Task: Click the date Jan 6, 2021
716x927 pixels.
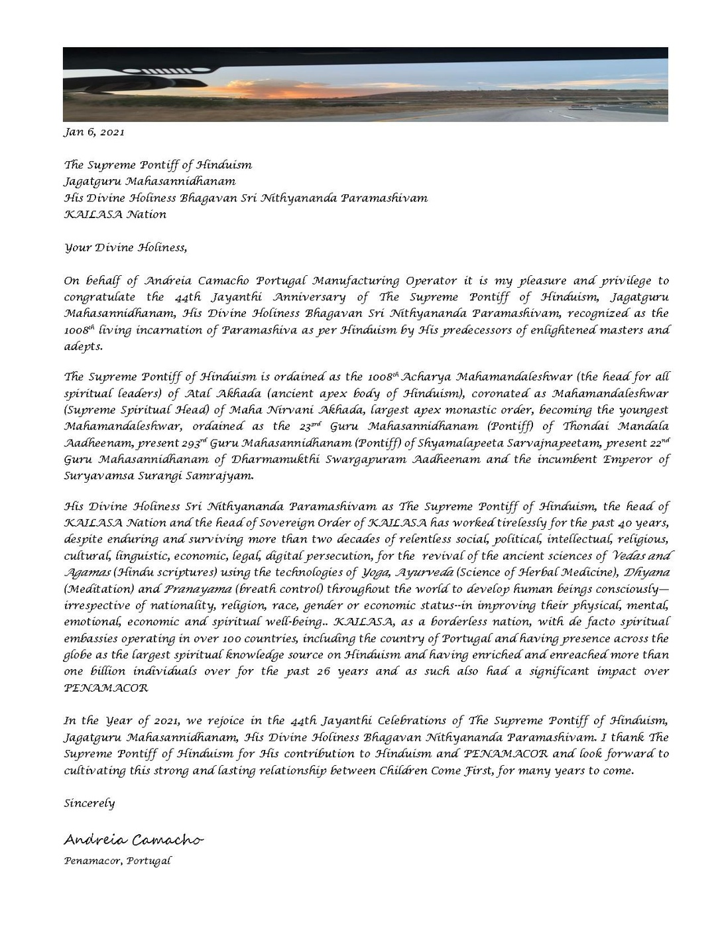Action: point(93,132)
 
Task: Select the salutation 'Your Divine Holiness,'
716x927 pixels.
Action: point(125,248)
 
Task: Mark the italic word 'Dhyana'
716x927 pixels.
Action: point(647,572)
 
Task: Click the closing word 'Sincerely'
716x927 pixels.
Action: point(89,804)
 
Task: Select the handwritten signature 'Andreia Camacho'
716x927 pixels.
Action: point(133,839)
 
